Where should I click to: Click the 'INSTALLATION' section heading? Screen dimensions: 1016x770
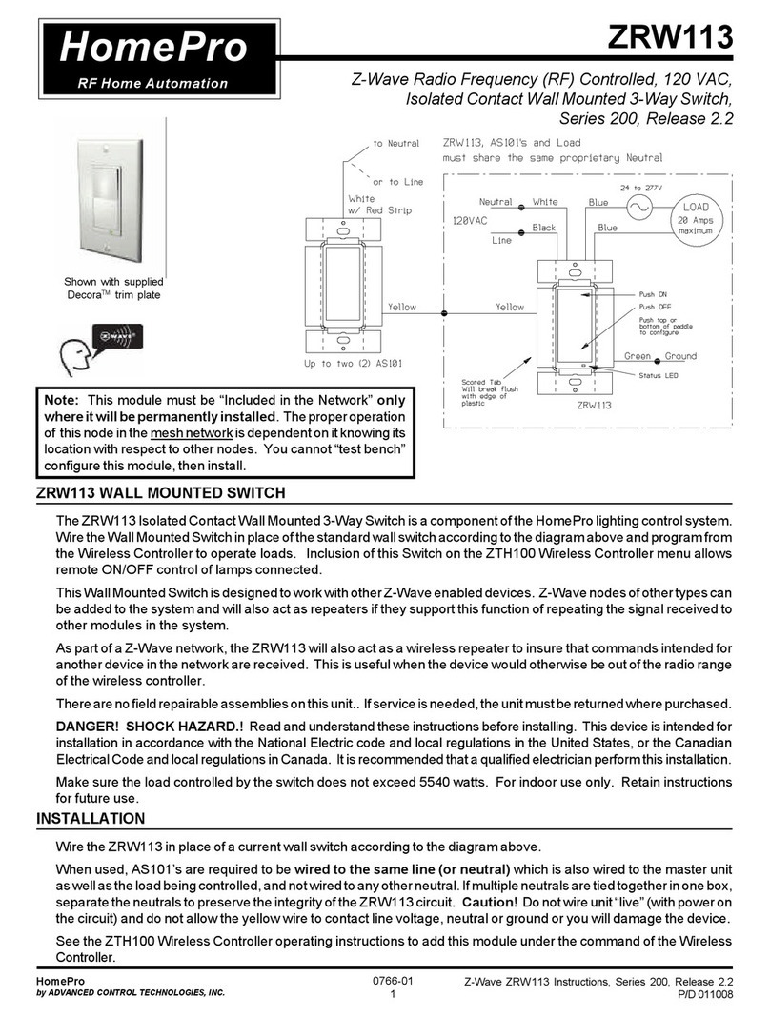(x=91, y=818)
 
